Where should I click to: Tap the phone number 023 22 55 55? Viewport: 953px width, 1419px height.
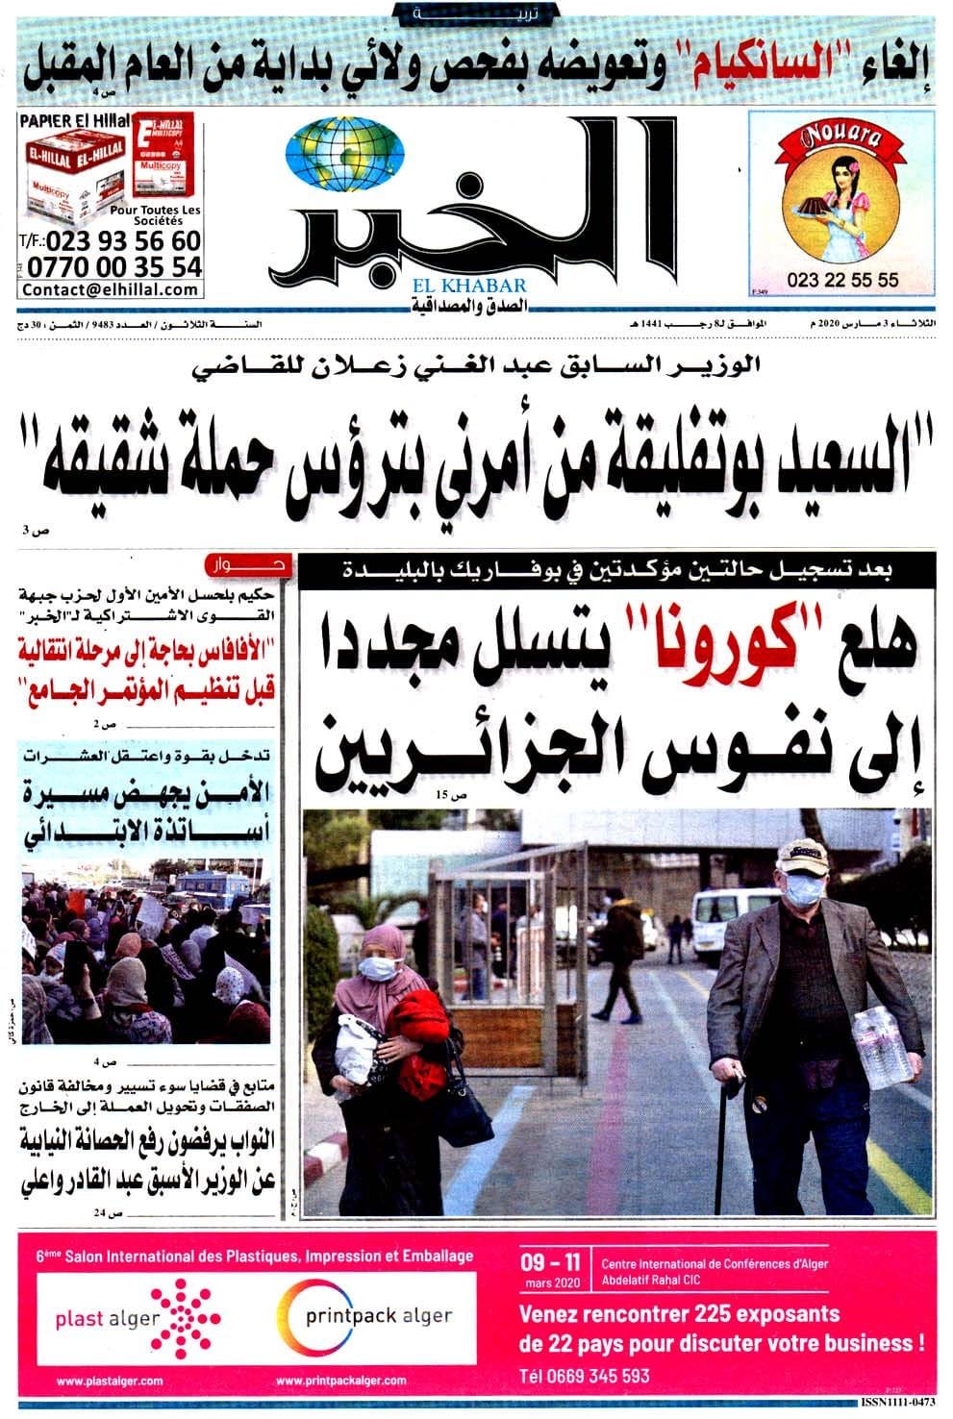[x=841, y=280]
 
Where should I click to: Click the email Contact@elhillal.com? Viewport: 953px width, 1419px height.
[x=111, y=289]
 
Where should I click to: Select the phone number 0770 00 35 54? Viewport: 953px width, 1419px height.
[x=114, y=266]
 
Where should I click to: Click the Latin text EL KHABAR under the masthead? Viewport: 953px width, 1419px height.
[x=470, y=286]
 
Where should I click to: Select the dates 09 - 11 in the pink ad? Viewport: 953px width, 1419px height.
[x=550, y=1261]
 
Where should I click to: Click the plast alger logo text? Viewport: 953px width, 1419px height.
[x=107, y=1318]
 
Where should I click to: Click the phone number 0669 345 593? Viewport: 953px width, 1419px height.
[x=585, y=1376]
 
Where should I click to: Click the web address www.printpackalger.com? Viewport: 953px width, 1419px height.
[x=341, y=1381]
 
